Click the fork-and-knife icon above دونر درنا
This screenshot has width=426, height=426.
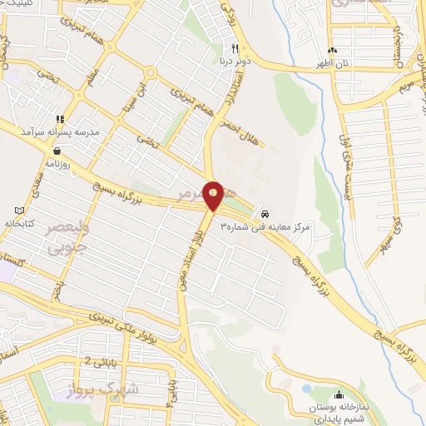235,47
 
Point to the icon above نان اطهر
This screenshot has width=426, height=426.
333,50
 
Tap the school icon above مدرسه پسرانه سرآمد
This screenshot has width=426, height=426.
60,119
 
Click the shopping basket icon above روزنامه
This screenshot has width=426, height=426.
56,151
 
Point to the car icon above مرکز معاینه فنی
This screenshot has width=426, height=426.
265,212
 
